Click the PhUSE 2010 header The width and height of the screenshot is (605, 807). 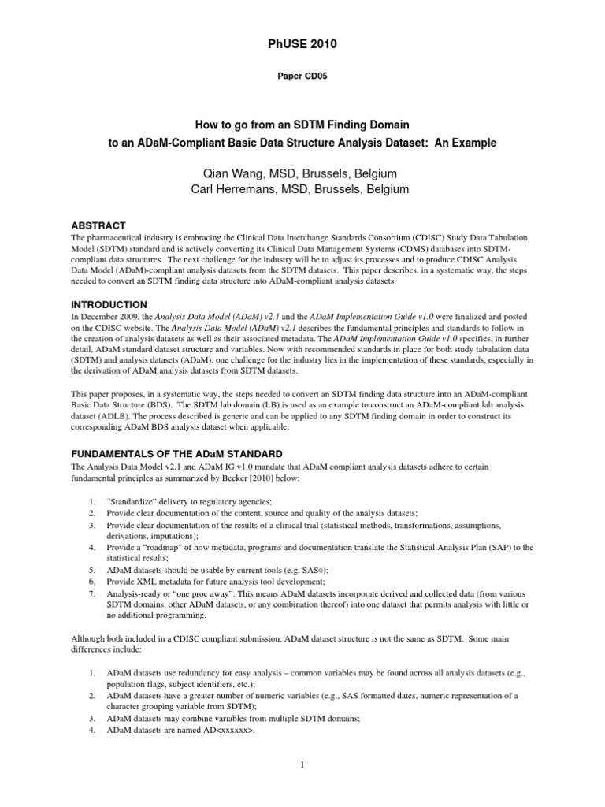[302, 45]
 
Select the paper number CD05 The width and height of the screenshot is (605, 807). [302, 76]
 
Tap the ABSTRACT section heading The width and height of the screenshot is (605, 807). [98, 225]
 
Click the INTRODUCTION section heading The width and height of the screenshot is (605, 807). [109, 303]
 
